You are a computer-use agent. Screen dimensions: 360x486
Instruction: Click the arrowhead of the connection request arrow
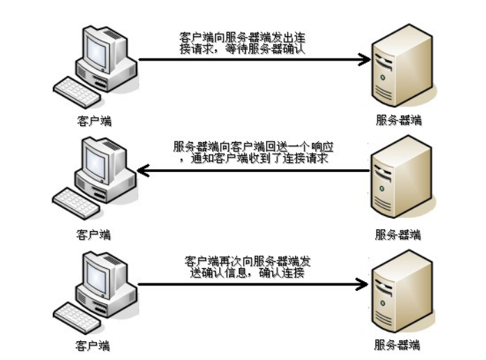pyautogui.click(x=364, y=60)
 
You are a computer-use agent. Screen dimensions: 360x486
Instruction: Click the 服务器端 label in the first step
pyautogui.click(x=398, y=120)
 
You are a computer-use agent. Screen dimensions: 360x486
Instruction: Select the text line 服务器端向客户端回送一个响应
pyautogui.click(x=252, y=147)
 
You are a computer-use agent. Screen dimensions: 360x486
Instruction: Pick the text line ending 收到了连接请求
pyautogui.click(x=252, y=159)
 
